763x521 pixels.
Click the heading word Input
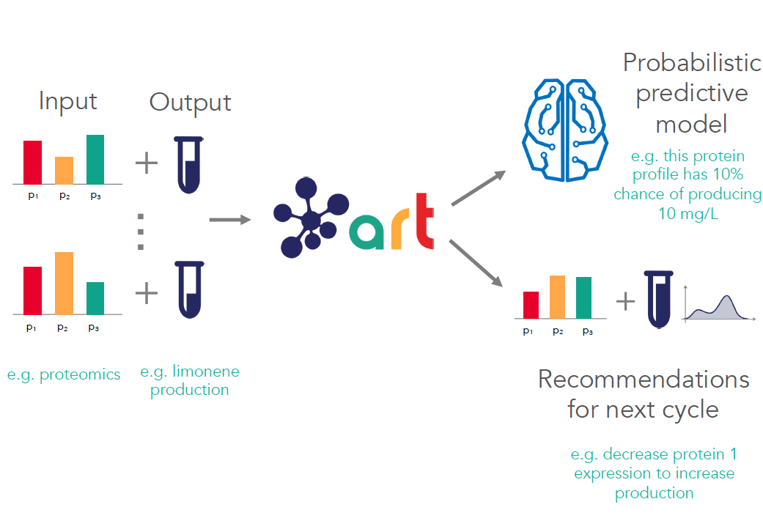(x=68, y=100)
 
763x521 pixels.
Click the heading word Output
(x=190, y=102)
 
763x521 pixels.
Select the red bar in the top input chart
(x=32, y=161)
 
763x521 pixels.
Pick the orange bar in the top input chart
(x=64, y=169)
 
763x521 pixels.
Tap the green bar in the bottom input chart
(x=95, y=298)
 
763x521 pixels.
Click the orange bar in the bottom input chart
(x=64, y=283)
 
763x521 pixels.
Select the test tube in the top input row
(x=188, y=165)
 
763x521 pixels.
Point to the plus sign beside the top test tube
(x=147, y=163)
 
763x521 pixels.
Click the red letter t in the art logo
(x=424, y=221)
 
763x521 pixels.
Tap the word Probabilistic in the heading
(x=692, y=63)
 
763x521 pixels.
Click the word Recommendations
(x=644, y=380)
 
